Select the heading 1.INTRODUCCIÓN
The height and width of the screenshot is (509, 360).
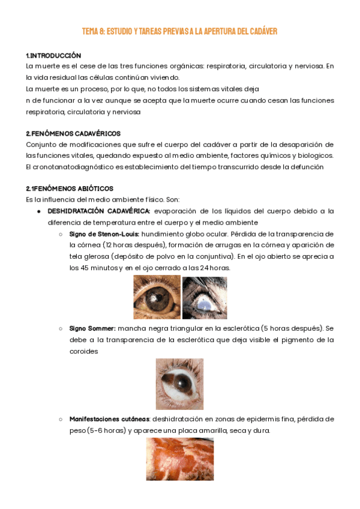coord(53,55)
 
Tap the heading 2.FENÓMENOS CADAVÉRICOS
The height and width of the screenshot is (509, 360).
coord(73,133)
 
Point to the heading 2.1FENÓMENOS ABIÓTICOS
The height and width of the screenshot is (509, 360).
coord(70,188)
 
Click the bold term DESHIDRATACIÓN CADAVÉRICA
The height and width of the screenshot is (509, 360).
coord(99,211)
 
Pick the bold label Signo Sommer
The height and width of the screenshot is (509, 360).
coord(92,328)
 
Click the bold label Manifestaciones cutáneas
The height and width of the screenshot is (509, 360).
coord(110,419)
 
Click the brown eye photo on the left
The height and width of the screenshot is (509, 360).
coord(157,297)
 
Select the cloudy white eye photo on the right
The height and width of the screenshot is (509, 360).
coord(205,297)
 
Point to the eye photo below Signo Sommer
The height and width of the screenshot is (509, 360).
coord(179,384)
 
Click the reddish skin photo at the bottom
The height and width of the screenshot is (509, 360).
coord(179,459)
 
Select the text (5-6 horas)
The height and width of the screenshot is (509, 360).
coord(106,430)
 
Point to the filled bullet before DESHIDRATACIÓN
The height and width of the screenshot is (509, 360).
coord(38,211)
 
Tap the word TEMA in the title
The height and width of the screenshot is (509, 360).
coord(91,31)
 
